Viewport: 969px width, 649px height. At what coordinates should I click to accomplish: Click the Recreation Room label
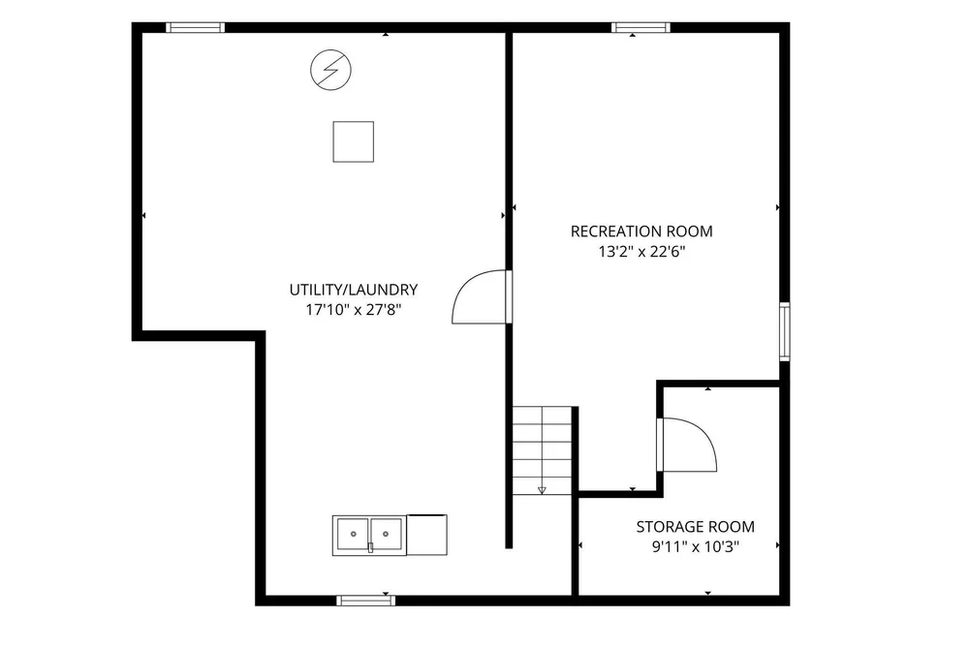tap(641, 232)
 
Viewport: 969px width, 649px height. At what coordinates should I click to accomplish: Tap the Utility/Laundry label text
tap(354, 290)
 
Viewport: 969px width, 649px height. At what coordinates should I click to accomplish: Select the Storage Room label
tap(695, 527)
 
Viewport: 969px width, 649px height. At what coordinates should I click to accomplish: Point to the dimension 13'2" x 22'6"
tap(641, 252)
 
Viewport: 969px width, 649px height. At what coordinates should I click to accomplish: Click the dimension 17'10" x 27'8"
tap(354, 310)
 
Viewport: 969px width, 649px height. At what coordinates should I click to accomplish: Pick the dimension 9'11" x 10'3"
tap(695, 547)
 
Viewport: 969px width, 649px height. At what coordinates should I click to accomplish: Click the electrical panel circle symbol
tap(330, 70)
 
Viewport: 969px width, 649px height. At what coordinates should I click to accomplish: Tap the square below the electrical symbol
tap(354, 142)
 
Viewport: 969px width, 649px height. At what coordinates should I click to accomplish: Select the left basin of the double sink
tap(353, 534)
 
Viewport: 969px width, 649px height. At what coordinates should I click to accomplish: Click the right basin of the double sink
tap(387, 534)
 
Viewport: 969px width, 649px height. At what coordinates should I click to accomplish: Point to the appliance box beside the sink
tap(426, 535)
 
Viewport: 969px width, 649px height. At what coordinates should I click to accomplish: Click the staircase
tap(542, 450)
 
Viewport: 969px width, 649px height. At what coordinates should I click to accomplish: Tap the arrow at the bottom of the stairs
tap(542, 490)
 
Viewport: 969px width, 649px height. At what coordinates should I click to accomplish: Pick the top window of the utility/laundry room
tap(196, 27)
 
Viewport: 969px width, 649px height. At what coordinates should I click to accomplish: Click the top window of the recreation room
tap(641, 27)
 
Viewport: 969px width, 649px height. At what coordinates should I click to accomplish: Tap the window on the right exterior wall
tap(784, 331)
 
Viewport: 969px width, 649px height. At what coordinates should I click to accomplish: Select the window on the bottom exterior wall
tap(366, 601)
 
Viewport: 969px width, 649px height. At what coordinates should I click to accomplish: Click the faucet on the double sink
tap(371, 547)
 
